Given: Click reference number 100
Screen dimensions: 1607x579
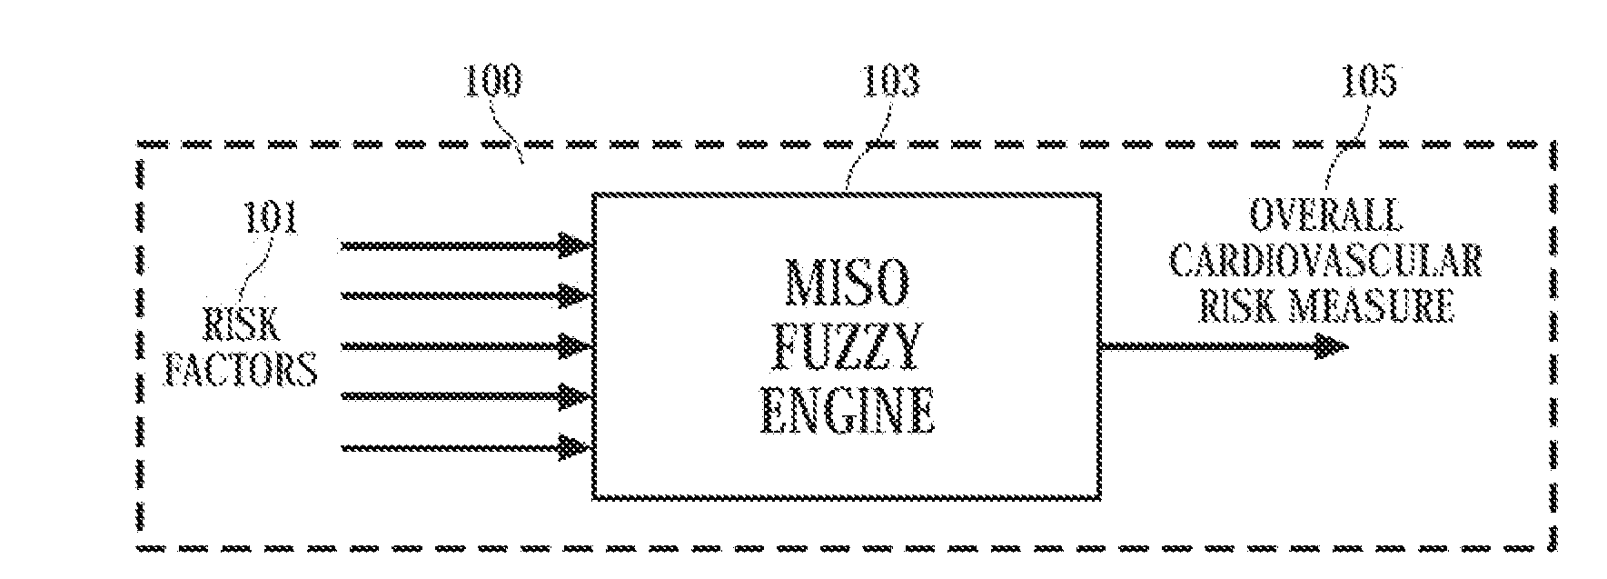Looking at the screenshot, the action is [x=493, y=82].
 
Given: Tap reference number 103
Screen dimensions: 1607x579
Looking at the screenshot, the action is [x=890, y=82].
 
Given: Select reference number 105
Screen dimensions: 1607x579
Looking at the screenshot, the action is [x=1368, y=82].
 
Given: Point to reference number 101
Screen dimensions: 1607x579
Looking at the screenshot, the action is [x=271, y=219].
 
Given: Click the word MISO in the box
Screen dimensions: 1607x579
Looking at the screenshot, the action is [x=844, y=283].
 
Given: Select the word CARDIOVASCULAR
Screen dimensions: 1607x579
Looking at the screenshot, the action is [x=1325, y=262].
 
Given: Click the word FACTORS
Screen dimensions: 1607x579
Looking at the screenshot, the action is [x=241, y=370].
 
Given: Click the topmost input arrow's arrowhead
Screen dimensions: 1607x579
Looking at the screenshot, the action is [x=575, y=245].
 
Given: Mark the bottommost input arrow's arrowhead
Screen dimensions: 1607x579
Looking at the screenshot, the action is [x=575, y=447].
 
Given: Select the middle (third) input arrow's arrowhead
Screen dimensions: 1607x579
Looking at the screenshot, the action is [x=575, y=346].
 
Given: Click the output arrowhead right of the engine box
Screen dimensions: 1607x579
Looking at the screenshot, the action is [x=1331, y=346].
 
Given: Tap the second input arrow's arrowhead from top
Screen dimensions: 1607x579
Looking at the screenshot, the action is [x=575, y=296].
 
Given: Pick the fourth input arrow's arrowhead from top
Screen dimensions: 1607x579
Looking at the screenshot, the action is [x=575, y=397].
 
